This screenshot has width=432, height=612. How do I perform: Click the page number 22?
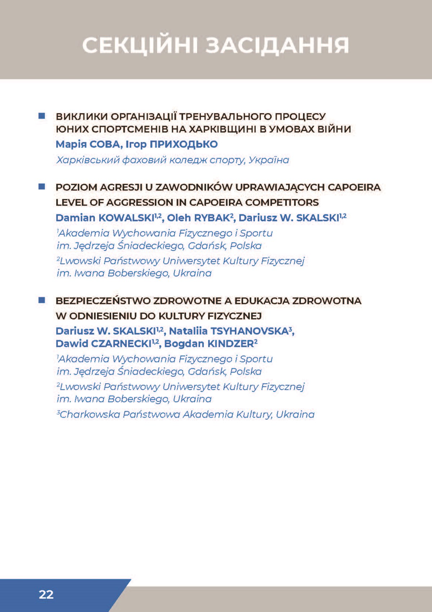tap(46, 594)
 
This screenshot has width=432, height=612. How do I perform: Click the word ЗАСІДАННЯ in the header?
tap(277, 46)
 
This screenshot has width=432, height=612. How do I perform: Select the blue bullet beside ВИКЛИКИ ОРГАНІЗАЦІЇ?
tap(42, 116)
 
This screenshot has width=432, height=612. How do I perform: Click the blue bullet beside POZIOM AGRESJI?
tap(42, 187)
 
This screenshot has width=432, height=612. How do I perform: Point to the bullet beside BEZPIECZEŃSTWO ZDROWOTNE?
tap(42, 300)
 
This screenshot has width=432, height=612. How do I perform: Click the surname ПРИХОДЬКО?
tap(184, 144)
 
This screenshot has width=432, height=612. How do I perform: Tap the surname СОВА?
tap(106, 144)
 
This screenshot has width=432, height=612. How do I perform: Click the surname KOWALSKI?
tap(126, 218)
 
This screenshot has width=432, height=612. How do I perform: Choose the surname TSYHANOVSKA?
tap(249, 331)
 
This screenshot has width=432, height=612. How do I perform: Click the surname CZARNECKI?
tap(121, 344)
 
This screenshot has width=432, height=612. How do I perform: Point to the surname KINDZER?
tap(231, 344)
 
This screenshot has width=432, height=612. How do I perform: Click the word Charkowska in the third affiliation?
tap(90, 415)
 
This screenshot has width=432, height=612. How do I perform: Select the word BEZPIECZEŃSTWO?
tap(103, 301)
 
